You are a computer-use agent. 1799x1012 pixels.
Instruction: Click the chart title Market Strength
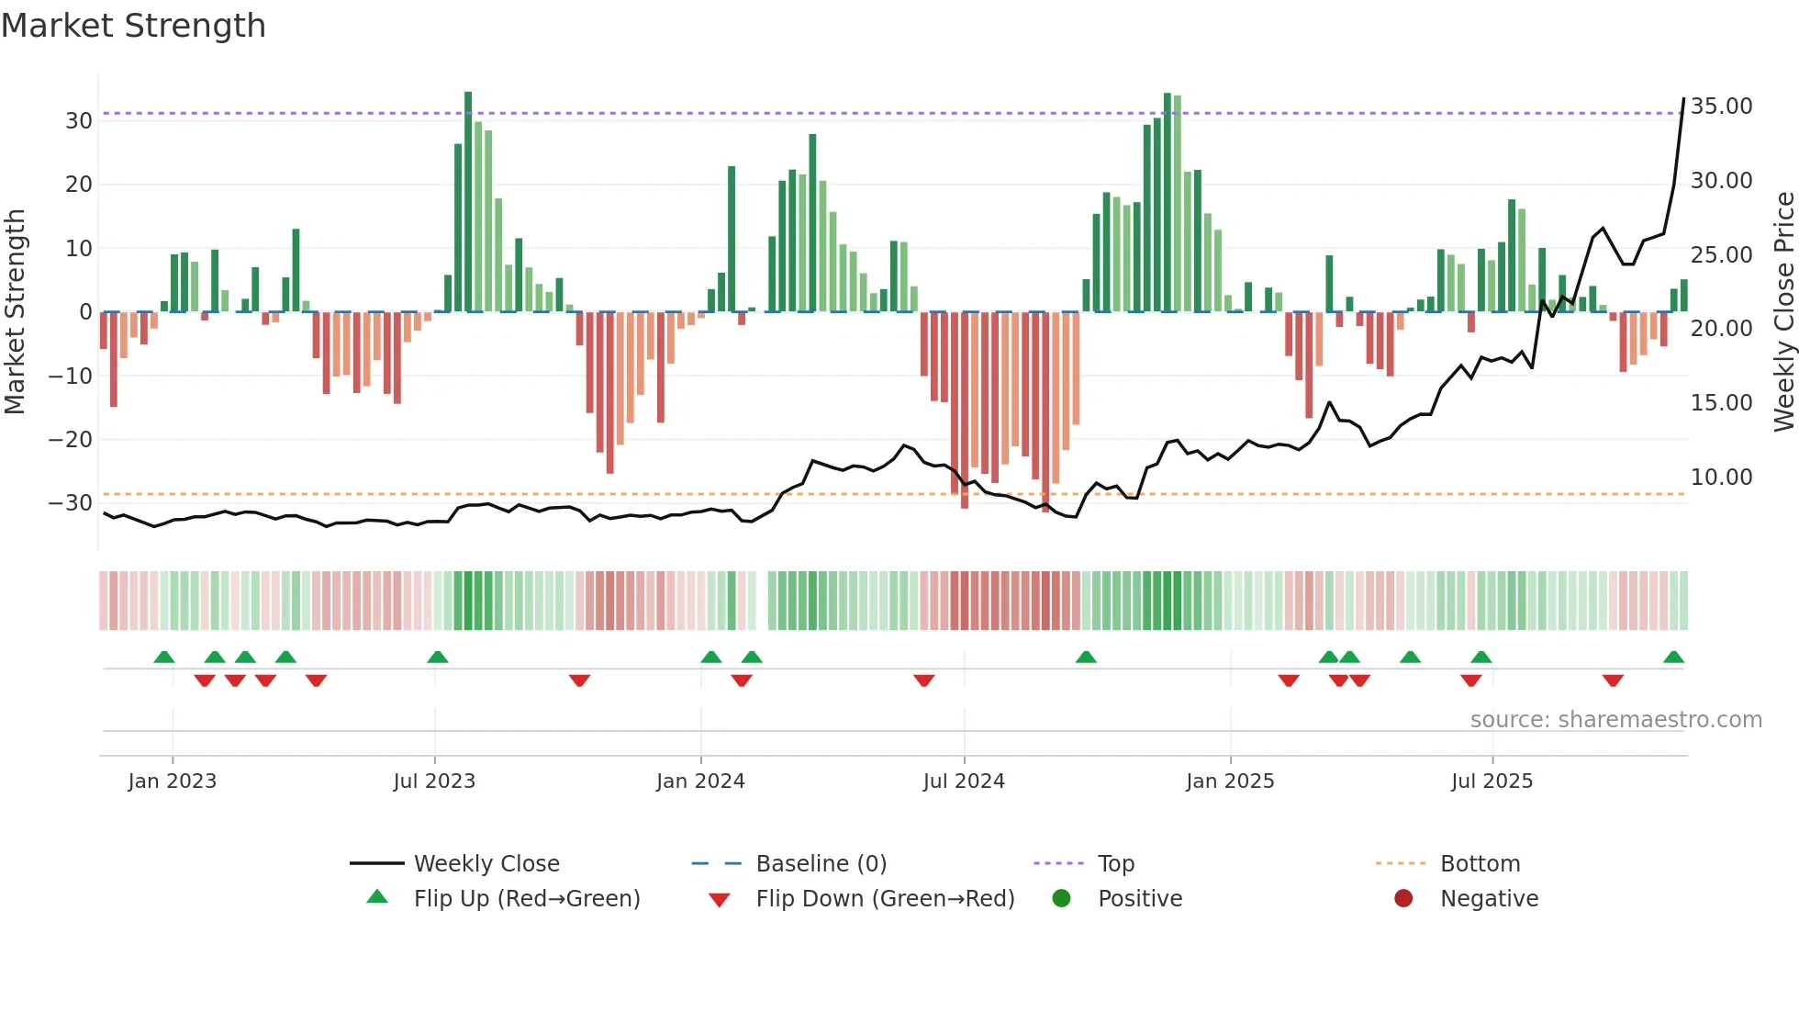click(x=133, y=26)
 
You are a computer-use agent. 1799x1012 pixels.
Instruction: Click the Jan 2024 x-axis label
click(x=700, y=781)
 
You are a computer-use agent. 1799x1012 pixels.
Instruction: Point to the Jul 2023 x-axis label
click(x=434, y=781)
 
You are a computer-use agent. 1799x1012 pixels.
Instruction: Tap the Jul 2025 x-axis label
click(x=1492, y=781)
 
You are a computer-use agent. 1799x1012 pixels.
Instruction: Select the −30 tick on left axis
click(x=71, y=503)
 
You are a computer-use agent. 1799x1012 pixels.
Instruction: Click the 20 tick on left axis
click(x=79, y=185)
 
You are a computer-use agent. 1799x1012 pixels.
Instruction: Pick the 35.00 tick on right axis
click(x=1721, y=107)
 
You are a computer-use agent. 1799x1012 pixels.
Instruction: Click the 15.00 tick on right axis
click(x=1721, y=403)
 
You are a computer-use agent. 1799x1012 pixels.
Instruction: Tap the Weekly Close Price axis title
click(x=1783, y=312)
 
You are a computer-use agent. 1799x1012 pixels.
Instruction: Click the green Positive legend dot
click(x=1062, y=899)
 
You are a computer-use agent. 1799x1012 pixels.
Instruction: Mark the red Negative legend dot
click(x=1403, y=899)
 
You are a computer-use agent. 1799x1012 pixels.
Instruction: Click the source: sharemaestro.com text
click(x=1615, y=720)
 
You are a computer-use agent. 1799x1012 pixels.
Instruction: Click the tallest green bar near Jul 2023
click(x=468, y=202)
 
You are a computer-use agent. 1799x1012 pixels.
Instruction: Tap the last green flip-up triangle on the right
click(x=1673, y=658)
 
